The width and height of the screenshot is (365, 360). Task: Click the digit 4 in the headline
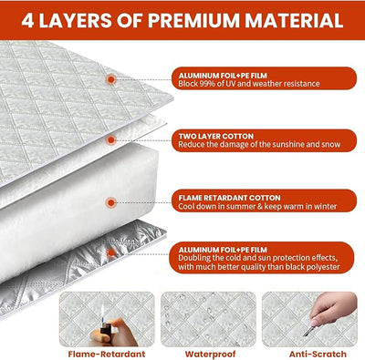pyautogui.click(x=27, y=20)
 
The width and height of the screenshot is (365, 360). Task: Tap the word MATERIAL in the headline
pyautogui.click(x=294, y=20)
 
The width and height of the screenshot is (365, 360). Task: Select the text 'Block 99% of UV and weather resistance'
pyautogui.click(x=249, y=84)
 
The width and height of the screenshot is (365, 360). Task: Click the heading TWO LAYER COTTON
pyautogui.click(x=216, y=136)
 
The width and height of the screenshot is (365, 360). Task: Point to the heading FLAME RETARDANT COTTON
pyautogui.click(x=229, y=198)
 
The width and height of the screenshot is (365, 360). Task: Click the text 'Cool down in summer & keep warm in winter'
pyautogui.click(x=257, y=206)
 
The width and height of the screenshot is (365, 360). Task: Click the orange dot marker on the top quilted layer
pyautogui.click(x=111, y=79)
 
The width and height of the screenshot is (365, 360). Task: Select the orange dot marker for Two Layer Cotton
pyautogui.click(x=111, y=140)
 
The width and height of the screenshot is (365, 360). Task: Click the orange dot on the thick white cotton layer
pyautogui.click(x=111, y=202)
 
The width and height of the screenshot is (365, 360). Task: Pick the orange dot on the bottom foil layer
pyautogui.click(x=111, y=252)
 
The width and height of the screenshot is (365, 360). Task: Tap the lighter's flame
pyautogui.click(x=103, y=313)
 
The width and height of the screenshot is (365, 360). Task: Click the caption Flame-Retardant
pyautogui.click(x=107, y=354)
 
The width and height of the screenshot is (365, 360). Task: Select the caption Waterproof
pyautogui.click(x=210, y=354)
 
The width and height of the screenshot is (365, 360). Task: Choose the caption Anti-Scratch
pyautogui.click(x=318, y=354)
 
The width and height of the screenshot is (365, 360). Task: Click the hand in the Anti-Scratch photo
pyautogui.click(x=335, y=307)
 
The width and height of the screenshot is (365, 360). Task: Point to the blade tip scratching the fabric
pyautogui.click(x=305, y=334)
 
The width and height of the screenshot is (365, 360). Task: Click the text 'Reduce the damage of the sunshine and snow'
pyautogui.click(x=259, y=144)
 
